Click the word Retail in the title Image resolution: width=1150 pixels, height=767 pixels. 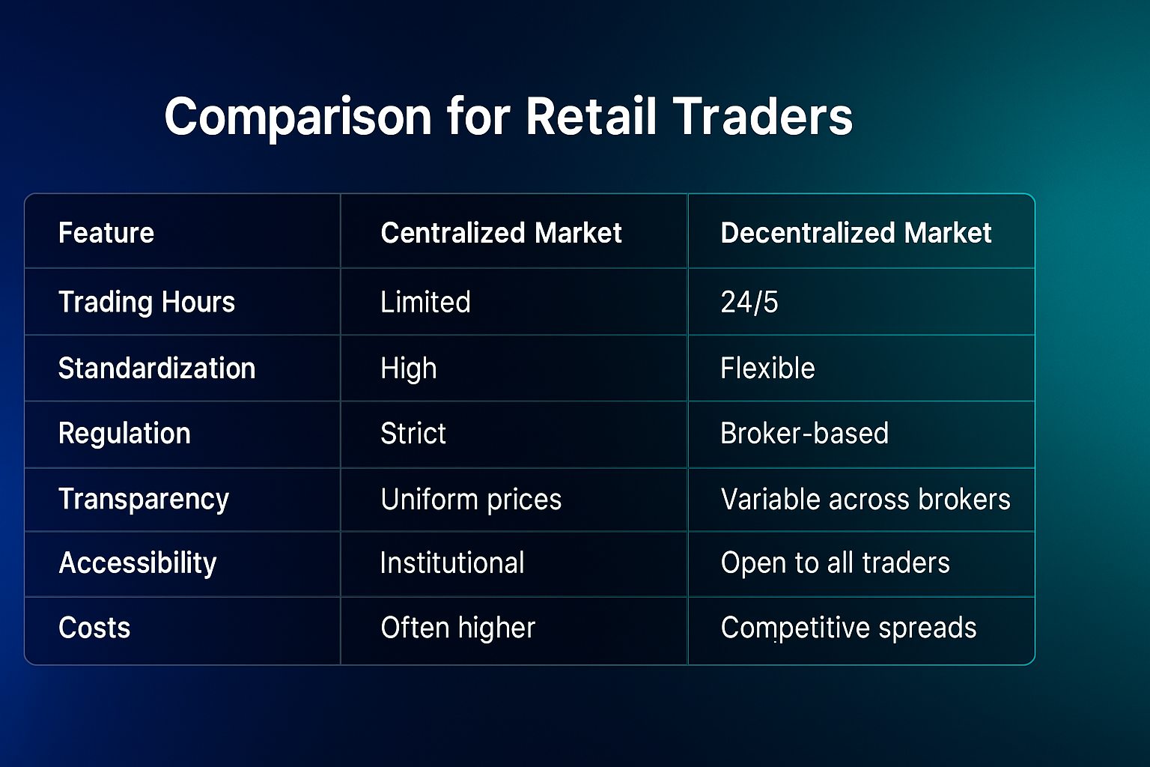click(x=591, y=116)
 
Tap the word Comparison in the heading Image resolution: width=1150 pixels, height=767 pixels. click(x=298, y=118)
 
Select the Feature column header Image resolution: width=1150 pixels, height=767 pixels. click(x=106, y=233)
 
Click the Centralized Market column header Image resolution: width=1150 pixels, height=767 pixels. click(x=501, y=233)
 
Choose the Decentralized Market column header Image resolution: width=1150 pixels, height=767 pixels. click(x=856, y=233)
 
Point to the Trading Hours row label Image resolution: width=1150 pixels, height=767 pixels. click(x=147, y=302)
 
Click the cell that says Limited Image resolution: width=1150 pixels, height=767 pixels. click(x=425, y=302)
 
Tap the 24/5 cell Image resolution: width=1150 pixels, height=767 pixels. click(x=749, y=302)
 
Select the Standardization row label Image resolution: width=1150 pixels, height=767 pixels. click(x=157, y=369)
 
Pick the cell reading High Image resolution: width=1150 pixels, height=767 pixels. click(x=409, y=369)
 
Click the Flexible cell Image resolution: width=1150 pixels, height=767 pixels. click(x=767, y=369)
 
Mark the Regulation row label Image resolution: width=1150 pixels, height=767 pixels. click(x=124, y=434)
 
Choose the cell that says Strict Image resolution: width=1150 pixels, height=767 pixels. click(x=413, y=433)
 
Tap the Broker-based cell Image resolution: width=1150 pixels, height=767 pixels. click(x=805, y=433)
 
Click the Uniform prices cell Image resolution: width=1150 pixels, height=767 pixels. click(x=471, y=500)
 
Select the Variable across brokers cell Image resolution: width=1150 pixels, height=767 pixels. click(x=865, y=500)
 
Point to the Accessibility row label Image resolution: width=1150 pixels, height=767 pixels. click(x=138, y=563)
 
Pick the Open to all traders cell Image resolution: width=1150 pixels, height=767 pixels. click(x=836, y=563)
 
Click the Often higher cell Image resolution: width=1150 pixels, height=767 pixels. click(x=458, y=628)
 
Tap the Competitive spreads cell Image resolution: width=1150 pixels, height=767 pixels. click(x=848, y=628)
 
